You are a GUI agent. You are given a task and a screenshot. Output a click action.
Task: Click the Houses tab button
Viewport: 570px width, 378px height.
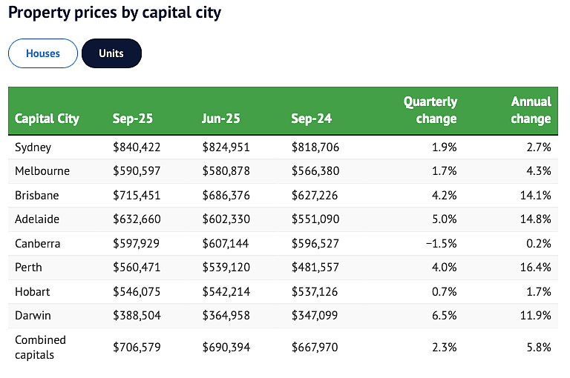tap(43, 53)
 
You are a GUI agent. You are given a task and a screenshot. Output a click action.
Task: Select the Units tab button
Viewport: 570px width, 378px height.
tap(111, 53)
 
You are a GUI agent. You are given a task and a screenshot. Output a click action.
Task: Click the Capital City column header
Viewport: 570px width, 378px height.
tap(47, 119)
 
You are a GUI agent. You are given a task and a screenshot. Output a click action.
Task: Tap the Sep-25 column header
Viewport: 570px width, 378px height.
tap(133, 119)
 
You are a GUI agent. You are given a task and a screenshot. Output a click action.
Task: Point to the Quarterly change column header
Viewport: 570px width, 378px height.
tap(430, 110)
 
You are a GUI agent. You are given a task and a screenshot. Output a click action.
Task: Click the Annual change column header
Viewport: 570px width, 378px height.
tap(531, 110)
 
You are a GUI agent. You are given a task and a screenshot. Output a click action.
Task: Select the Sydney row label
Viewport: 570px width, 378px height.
tap(33, 147)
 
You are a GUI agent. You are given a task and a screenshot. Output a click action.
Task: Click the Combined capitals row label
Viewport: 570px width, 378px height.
tap(40, 347)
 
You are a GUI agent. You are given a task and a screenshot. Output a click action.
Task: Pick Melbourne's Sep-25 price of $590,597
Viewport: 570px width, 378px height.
tap(137, 171)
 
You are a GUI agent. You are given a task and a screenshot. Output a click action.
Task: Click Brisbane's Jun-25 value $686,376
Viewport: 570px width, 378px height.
tap(226, 196)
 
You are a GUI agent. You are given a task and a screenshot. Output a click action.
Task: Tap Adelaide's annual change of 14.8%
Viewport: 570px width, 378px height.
tap(535, 219)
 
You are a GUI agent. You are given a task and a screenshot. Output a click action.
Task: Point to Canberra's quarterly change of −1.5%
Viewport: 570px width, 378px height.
tap(442, 243)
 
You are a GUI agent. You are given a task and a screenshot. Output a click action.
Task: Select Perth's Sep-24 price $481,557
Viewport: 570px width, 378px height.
tap(315, 268)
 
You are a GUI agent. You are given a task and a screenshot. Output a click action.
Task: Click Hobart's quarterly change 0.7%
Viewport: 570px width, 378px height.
tap(445, 291)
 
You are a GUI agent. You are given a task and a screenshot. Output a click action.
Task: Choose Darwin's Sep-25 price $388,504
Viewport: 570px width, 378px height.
tap(137, 316)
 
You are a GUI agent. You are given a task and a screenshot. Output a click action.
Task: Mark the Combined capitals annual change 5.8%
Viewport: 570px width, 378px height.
tap(539, 348)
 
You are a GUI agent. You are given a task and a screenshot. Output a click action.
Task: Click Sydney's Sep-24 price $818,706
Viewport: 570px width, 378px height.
tap(315, 147)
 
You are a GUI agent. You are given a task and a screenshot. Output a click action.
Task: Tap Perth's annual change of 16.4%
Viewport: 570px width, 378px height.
tap(535, 268)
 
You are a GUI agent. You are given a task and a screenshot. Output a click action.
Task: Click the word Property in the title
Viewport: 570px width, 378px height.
tap(39, 13)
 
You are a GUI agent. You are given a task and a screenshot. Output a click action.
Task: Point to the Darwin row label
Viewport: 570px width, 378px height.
tap(33, 316)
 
